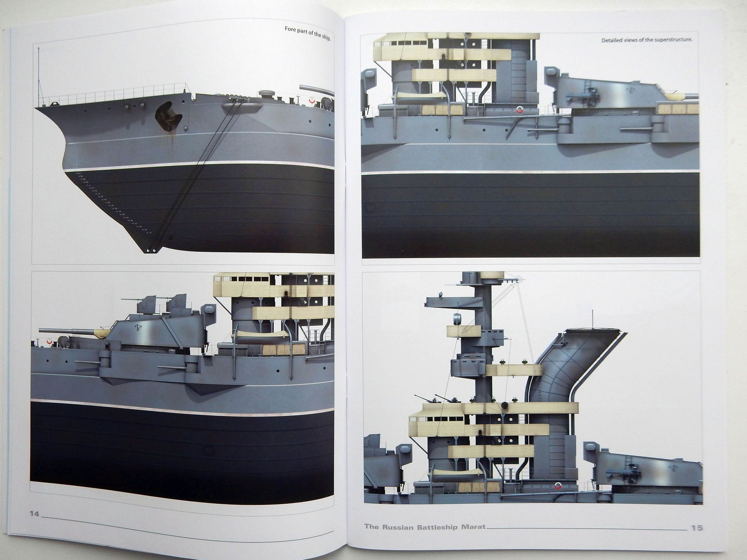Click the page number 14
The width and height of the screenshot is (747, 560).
point(35,513)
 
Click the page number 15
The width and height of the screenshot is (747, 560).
point(697,528)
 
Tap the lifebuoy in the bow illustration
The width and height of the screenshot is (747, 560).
point(312,101)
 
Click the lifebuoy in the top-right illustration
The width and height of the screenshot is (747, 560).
point(520,109)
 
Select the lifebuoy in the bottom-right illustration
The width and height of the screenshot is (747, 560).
point(558,486)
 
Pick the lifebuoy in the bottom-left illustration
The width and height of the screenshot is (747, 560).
point(49,341)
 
